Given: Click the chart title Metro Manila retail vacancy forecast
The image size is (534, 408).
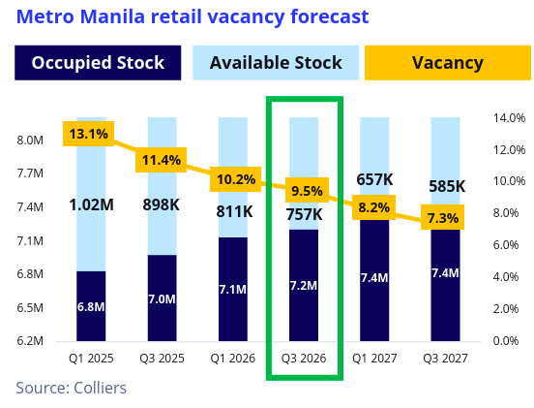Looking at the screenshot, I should [x=192, y=16].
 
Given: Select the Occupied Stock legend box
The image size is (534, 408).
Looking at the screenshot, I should [x=98, y=63].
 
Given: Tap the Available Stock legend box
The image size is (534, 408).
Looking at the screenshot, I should [x=276, y=63].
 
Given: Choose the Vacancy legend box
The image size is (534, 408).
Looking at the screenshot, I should [x=447, y=63].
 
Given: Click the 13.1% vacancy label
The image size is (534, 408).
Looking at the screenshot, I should [x=87, y=134].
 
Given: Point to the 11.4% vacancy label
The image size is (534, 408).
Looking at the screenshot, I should [x=161, y=160].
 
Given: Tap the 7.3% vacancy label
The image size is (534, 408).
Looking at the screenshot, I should [x=442, y=218].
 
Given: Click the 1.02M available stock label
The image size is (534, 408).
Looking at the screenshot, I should [x=91, y=204].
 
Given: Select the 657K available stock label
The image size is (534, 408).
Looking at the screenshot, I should [x=374, y=179].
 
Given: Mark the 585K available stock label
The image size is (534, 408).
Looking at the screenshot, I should [x=446, y=186].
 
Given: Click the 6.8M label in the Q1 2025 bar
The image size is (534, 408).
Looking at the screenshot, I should [x=91, y=307].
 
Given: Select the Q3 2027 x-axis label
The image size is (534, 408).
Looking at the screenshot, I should [x=446, y=358].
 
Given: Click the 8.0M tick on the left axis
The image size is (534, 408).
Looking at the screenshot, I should [x=31, y=141].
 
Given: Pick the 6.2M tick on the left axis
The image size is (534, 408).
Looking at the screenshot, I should [x=31, y=341].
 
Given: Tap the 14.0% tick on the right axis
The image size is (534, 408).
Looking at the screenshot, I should [x=509, y=118].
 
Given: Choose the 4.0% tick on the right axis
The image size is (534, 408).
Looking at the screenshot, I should [x=509, y=277].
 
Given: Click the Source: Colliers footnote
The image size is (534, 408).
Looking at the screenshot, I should [x=71, y=388].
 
